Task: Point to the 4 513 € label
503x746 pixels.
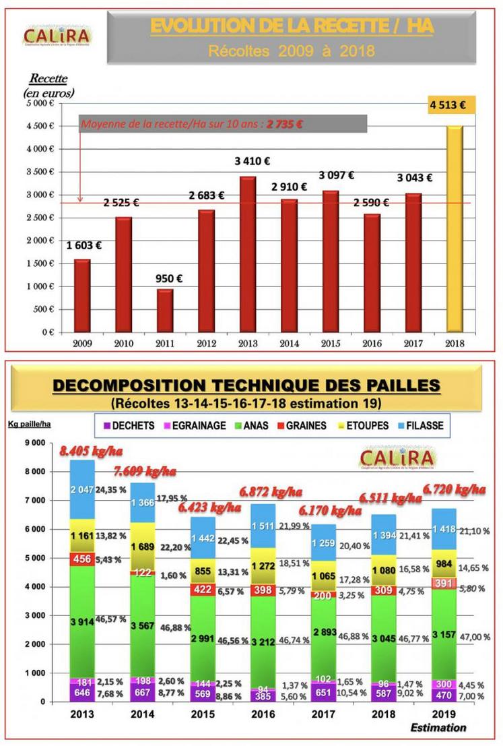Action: click(452, 105)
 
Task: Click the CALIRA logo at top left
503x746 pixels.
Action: click(57, 34)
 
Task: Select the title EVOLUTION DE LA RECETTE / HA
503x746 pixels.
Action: click(292, 26)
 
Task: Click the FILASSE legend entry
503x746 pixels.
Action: click(422, 425)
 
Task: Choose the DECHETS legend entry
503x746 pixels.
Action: click(128, 425)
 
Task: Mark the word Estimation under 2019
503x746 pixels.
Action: click(438, 728)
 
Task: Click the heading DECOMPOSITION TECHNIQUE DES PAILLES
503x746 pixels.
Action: click(246, 385)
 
